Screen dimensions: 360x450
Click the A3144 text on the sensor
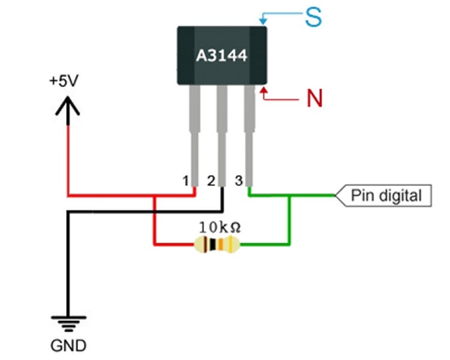[222, 56]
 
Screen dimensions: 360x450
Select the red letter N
[314, 97]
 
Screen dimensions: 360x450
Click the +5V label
[64, 82]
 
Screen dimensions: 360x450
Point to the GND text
[68, 346]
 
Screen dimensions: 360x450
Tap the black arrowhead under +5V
[69, 106]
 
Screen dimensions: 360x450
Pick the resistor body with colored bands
[217, 244]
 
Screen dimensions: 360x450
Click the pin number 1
[186, 181]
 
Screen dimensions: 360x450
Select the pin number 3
[238, 181]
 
